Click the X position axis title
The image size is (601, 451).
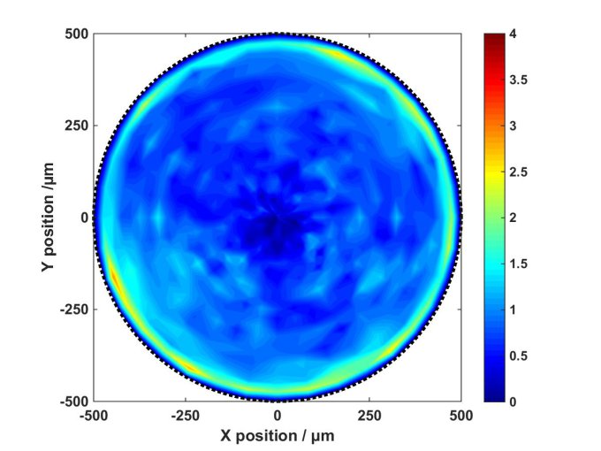pyautogui.click(x=278, y=436)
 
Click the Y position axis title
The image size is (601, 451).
pyautogui.click(x=50, y=218)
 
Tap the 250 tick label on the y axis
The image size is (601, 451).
pyautogui.click(x=78, y=126)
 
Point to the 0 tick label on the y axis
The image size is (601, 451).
pyautogui.click(x=85, y=218)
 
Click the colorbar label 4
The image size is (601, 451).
pyautogui.click(x=513, y=34)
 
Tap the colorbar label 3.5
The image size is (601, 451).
pyautogui.click(x=518, y=80)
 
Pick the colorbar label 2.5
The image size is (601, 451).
pyautogui.click(x=518, y=172)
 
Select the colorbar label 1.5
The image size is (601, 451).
pyautogui.click(x=518, y=264)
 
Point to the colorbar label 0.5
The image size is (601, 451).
pyautogui.click(x=518, y=355)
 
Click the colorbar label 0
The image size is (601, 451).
pyautogui.click(x=513, y=401)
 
